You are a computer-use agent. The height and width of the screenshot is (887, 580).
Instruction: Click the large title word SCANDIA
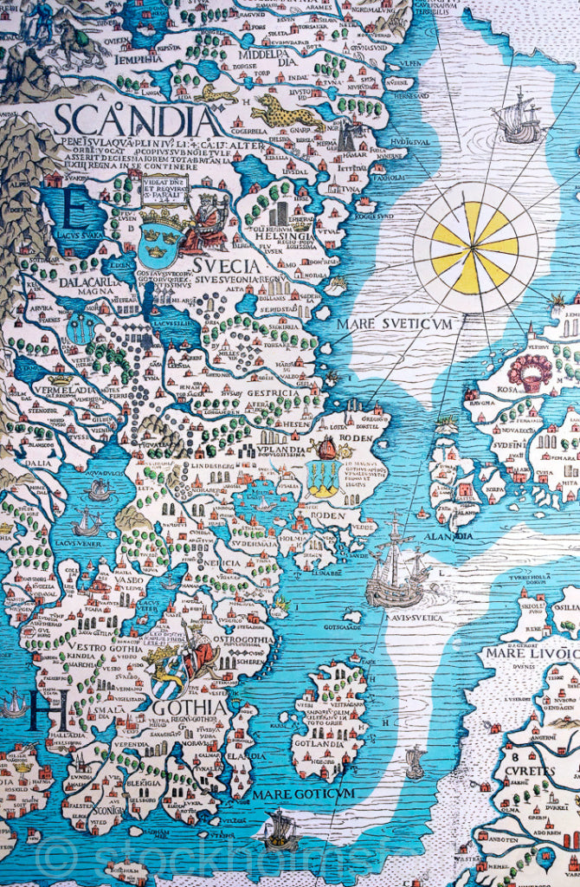[137, 120]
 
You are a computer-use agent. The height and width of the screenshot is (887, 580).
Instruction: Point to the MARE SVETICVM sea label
[396, 323]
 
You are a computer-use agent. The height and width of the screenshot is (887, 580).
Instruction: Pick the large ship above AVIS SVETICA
[396, 567]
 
